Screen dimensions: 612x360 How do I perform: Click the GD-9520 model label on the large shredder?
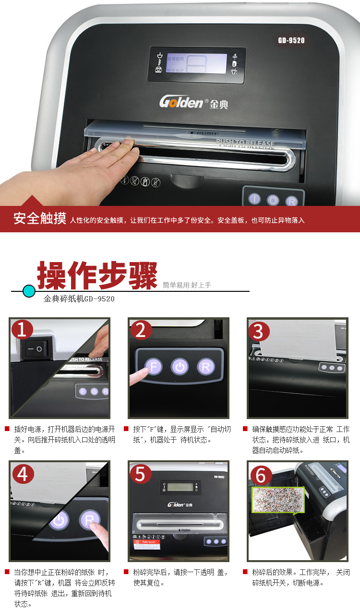click(291, 40)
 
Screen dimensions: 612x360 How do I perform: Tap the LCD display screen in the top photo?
click(196, 63)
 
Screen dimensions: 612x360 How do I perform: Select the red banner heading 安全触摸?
click(40, 219)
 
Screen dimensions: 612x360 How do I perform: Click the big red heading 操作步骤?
click(97, 276)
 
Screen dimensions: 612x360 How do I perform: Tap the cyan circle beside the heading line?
click(29, 291)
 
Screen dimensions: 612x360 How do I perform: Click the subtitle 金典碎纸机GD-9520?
click(79, 299)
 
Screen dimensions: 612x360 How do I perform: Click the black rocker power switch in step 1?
click(34, 348)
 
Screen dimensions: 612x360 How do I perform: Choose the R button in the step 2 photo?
click(205, 368)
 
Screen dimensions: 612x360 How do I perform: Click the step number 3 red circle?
click(259, 331)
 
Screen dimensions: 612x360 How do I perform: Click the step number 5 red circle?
click(140, 473)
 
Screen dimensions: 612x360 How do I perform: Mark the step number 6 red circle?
click(260, 475)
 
